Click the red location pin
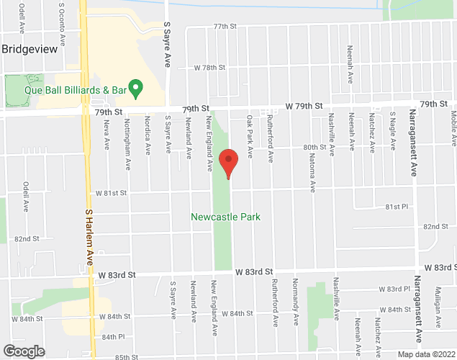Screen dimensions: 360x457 click(228, 163)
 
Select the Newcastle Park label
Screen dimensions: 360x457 click(225, 217)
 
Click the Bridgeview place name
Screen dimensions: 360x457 click(30, 50)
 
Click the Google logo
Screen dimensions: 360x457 click(23, 351)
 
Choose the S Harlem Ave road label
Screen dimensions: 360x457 click(90, 237)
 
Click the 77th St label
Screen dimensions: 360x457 click(225, 26)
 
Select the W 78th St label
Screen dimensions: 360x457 click(210, 67)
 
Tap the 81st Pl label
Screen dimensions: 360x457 click(397, 207)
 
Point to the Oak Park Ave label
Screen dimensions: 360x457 click(250, 136)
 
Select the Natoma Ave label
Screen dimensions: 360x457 click(313, 177)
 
